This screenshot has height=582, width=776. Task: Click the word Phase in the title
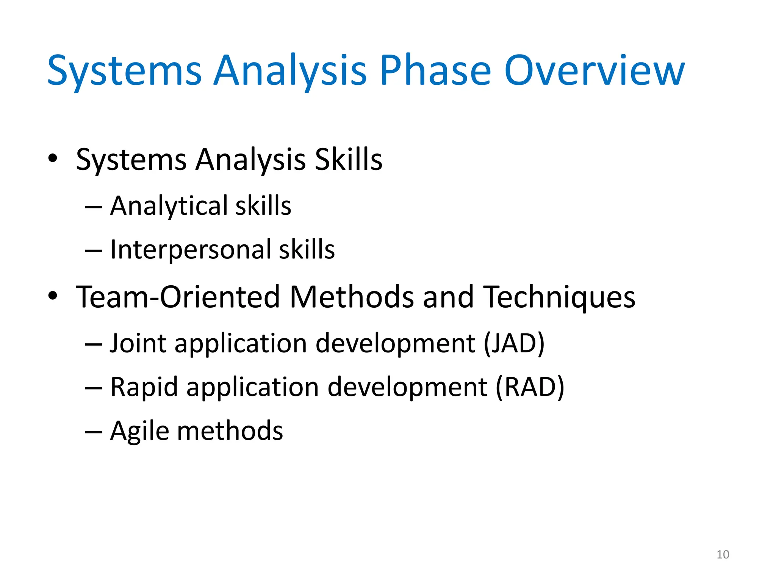(435, 70)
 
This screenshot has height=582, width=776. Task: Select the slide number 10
(723, 554)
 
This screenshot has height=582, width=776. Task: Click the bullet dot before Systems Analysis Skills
(53, 158)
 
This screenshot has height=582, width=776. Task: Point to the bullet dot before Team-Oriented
(53, 296)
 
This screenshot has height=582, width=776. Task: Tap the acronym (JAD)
(514, 343)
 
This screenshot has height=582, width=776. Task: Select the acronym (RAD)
(530, 387)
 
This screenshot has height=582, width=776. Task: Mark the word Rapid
(144, 387)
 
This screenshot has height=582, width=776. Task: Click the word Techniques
(560, 297)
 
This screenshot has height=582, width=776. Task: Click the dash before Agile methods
(93, 432)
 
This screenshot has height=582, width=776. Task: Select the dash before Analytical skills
(93, 207)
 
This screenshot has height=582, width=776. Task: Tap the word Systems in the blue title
(124, 70)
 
